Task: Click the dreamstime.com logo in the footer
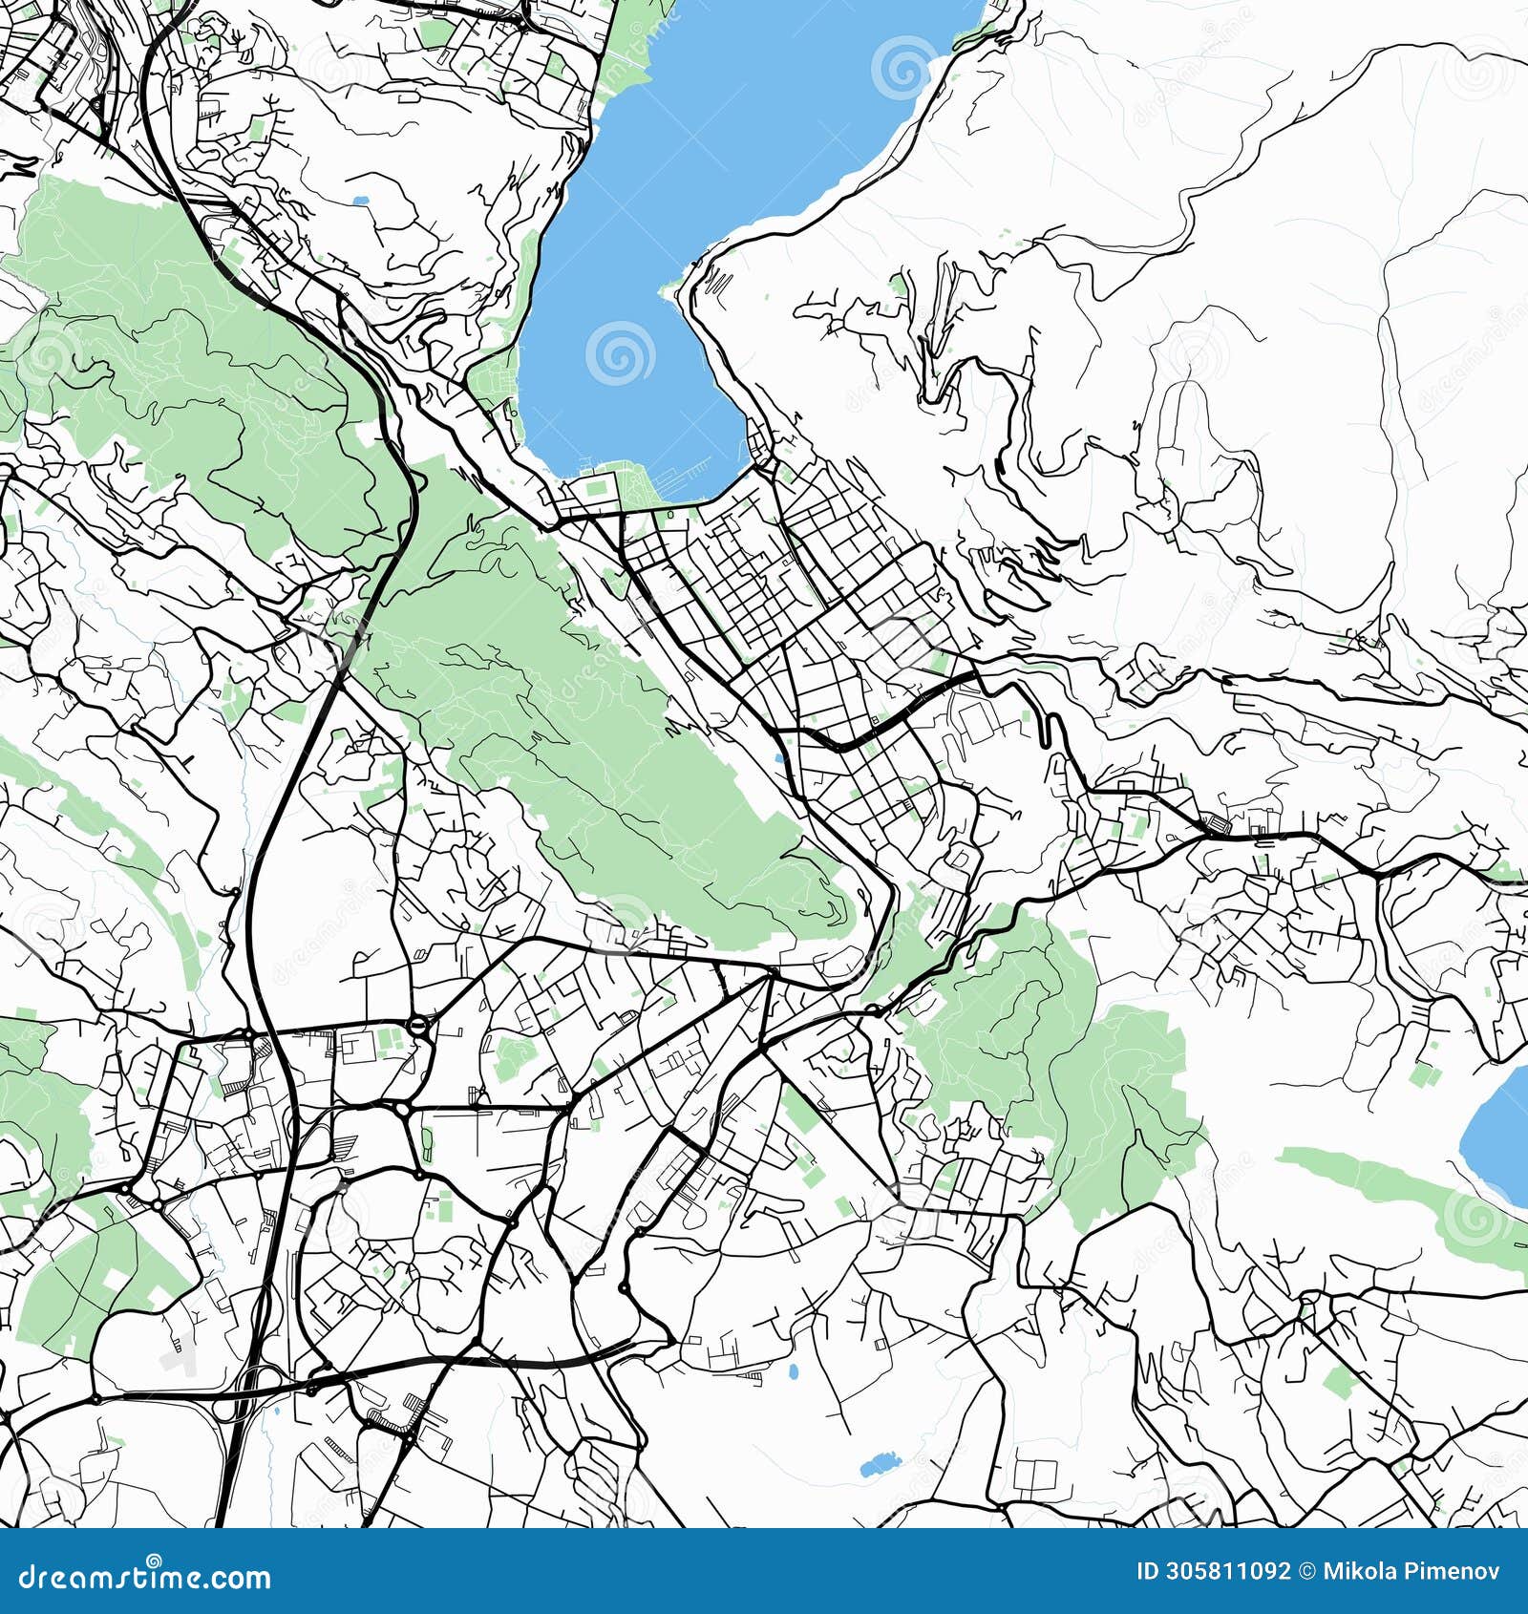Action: pos(145,1577)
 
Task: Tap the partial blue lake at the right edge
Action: pos(1499,1136)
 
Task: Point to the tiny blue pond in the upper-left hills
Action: pos(359,201)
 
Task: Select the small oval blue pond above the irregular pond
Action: pos(793,1372)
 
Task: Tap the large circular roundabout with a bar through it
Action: pos(418,1027)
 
